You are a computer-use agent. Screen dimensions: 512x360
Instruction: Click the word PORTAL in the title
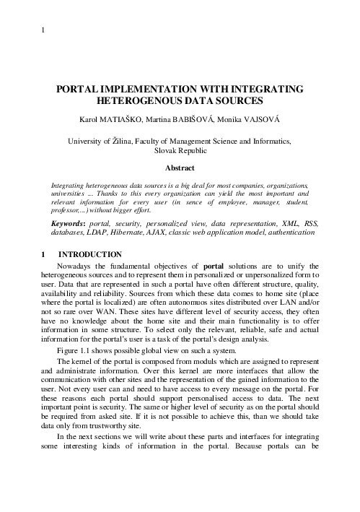[82, 88]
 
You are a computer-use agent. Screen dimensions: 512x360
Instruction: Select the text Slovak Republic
[180, 151]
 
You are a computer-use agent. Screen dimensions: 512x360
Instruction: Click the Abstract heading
[180, 167]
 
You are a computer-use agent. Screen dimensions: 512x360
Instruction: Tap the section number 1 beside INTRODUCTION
[43, 255]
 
